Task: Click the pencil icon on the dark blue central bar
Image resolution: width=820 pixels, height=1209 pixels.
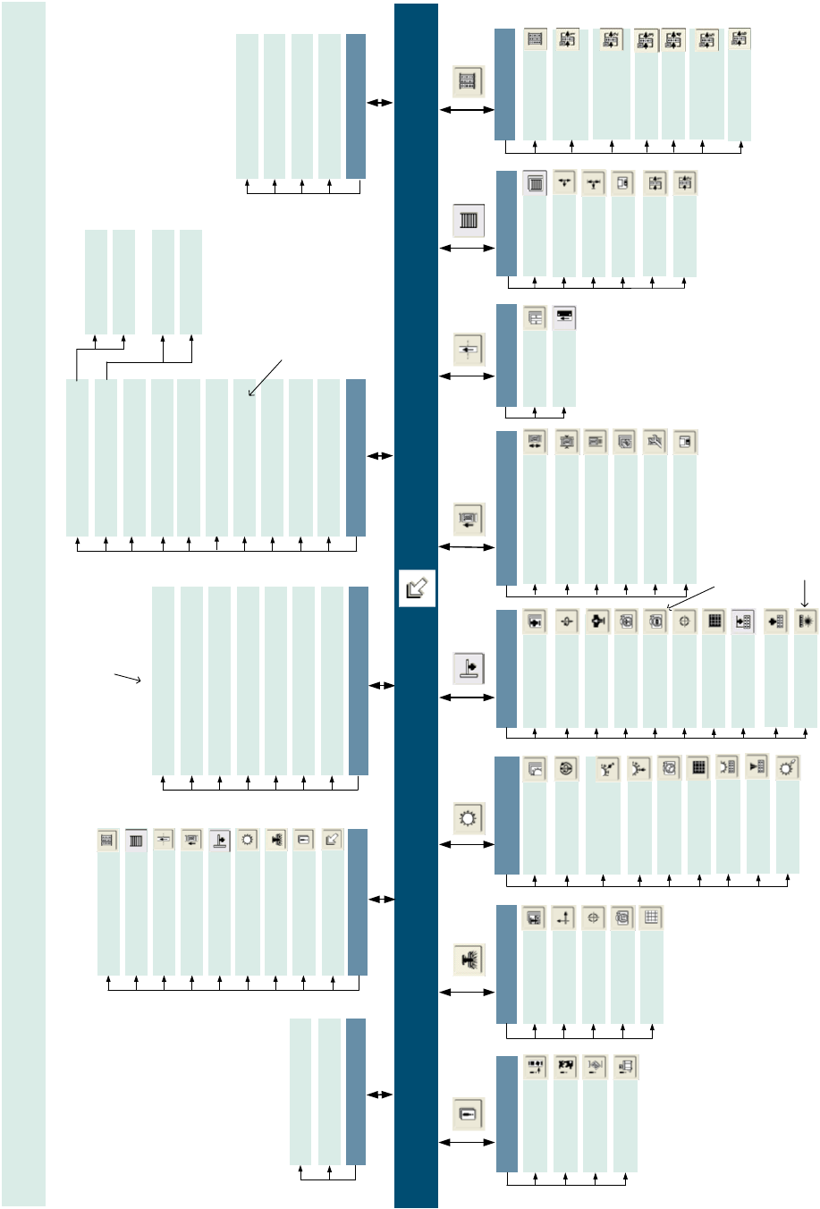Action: tap(417, 588)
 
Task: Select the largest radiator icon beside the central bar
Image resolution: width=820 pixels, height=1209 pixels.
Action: tap(469, 219)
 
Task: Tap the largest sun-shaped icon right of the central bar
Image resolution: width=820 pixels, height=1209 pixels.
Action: tap(469, 817)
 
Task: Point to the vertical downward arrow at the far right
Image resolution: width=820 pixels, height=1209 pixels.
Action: tap(806, 592)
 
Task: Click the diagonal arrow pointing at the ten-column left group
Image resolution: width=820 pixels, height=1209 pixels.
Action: tap(265, 376)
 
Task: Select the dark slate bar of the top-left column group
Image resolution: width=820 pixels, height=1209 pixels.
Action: tap(355, 106)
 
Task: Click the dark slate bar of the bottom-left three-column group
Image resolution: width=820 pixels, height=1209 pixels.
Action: tap(355, 1091)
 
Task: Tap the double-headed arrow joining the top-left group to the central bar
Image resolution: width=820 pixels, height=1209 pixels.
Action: tap(380, 103)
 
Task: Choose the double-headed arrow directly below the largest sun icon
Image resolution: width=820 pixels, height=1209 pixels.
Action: tap(467, 844)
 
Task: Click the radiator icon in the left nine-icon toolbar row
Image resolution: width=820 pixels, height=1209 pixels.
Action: tap(136, 841)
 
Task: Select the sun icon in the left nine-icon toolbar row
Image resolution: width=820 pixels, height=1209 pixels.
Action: tap(248, 841)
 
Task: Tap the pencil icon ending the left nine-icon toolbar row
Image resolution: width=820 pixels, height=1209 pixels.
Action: tap(332, 841)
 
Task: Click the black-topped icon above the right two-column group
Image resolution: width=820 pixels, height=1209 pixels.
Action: tap(564, 317)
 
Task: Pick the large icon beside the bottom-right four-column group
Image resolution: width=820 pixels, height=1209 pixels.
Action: tap(469, 1113)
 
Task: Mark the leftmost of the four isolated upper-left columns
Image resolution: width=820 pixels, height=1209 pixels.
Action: tap(96, 282)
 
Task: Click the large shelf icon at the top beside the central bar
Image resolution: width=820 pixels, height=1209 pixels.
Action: tap(469, 81)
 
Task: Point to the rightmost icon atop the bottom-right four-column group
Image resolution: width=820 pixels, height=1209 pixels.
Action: tap(625, 1067)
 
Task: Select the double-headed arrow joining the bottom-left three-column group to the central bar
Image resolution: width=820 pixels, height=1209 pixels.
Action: tap(380, 1095)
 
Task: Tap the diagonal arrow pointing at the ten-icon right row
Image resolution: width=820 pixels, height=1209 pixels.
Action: tap(690, 597)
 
